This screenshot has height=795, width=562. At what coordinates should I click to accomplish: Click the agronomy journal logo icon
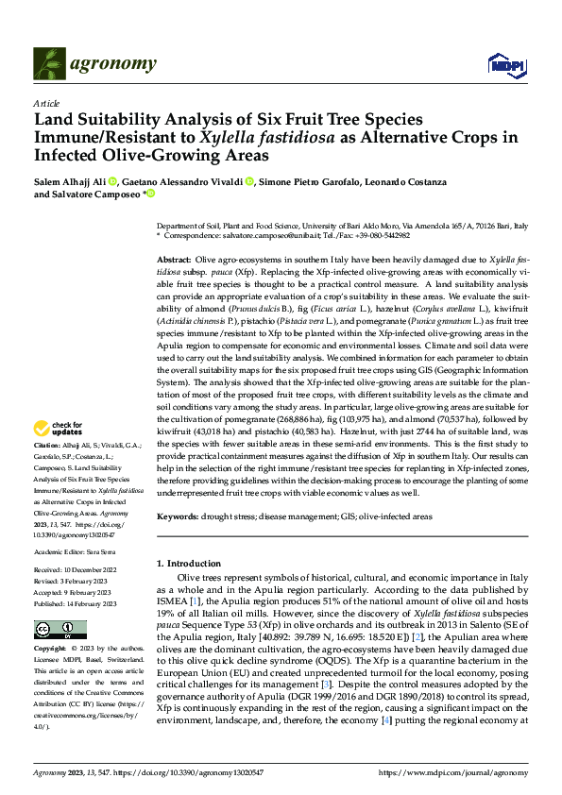pyautogui.click(x=47, y=63)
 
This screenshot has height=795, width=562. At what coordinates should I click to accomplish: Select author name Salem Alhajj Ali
pyautogui.click(x=68, y=180)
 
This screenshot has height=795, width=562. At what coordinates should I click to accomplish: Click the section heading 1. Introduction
pyautogui.click(x=193, y=563)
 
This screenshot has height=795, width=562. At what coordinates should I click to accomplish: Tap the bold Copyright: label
pyautogui.click(x=50, y=650)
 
